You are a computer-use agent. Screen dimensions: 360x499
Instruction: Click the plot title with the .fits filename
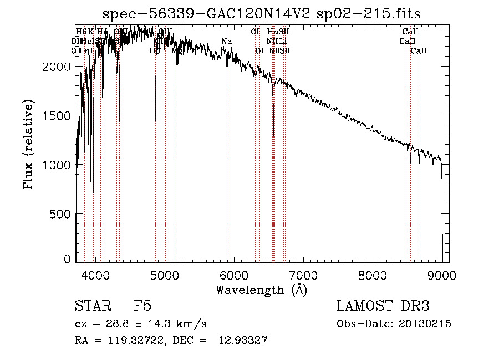[x=262, y=13]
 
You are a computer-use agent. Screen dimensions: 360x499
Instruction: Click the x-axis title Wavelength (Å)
[x=261, y=290]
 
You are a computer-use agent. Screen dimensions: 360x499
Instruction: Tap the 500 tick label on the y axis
[x=60, y=214]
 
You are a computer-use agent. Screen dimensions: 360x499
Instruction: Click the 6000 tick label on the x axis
[x=234, y=275]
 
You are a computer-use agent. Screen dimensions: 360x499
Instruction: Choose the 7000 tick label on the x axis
[x=303, y=275]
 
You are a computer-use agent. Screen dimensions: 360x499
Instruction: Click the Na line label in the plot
[x=227, y=41]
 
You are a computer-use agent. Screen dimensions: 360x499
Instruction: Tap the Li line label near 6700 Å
[x=283, y=41]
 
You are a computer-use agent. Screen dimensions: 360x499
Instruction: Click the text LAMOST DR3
[x=383, y=306]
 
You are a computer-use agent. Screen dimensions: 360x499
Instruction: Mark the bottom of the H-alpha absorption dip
[x=273, y=134]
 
